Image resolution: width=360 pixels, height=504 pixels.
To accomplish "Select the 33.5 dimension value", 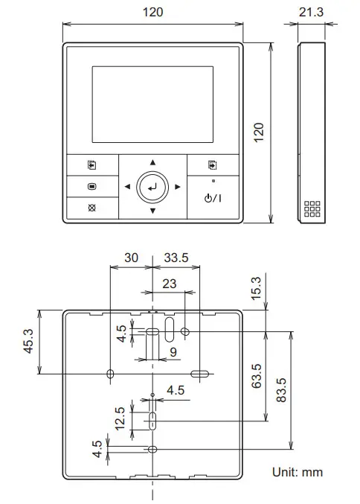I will coord(176,258).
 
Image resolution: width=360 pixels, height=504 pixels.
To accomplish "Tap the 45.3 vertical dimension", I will coord(28,342).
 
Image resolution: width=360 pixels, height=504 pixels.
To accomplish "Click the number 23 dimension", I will coord(169,283).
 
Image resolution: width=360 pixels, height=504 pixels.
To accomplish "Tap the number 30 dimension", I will coord(131,258).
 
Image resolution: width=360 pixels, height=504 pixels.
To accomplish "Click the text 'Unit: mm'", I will coord(297,472).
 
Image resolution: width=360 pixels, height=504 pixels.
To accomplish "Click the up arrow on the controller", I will coord(152,162).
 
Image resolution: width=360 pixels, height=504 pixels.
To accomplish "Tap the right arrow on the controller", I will coord(177,187).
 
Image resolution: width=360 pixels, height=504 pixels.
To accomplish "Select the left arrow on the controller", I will coord(128,187).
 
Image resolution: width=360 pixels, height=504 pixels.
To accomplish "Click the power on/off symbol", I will coord(212,198).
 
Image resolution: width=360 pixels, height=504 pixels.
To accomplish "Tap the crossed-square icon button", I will coord(91,208).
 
